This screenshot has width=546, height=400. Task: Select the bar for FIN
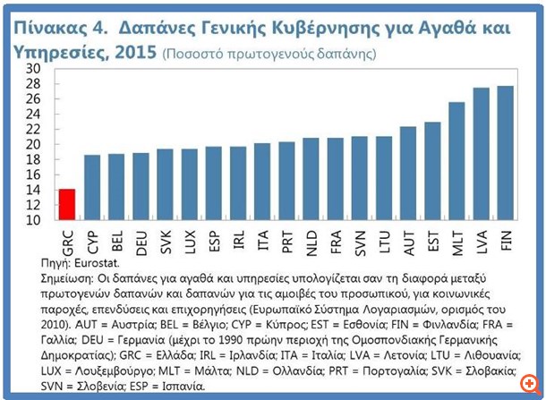(505, 152)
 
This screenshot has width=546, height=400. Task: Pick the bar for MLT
(456, 161)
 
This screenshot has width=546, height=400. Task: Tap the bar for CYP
(91, 187)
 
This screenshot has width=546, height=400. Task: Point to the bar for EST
(432, 171)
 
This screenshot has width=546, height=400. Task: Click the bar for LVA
(481, 153)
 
